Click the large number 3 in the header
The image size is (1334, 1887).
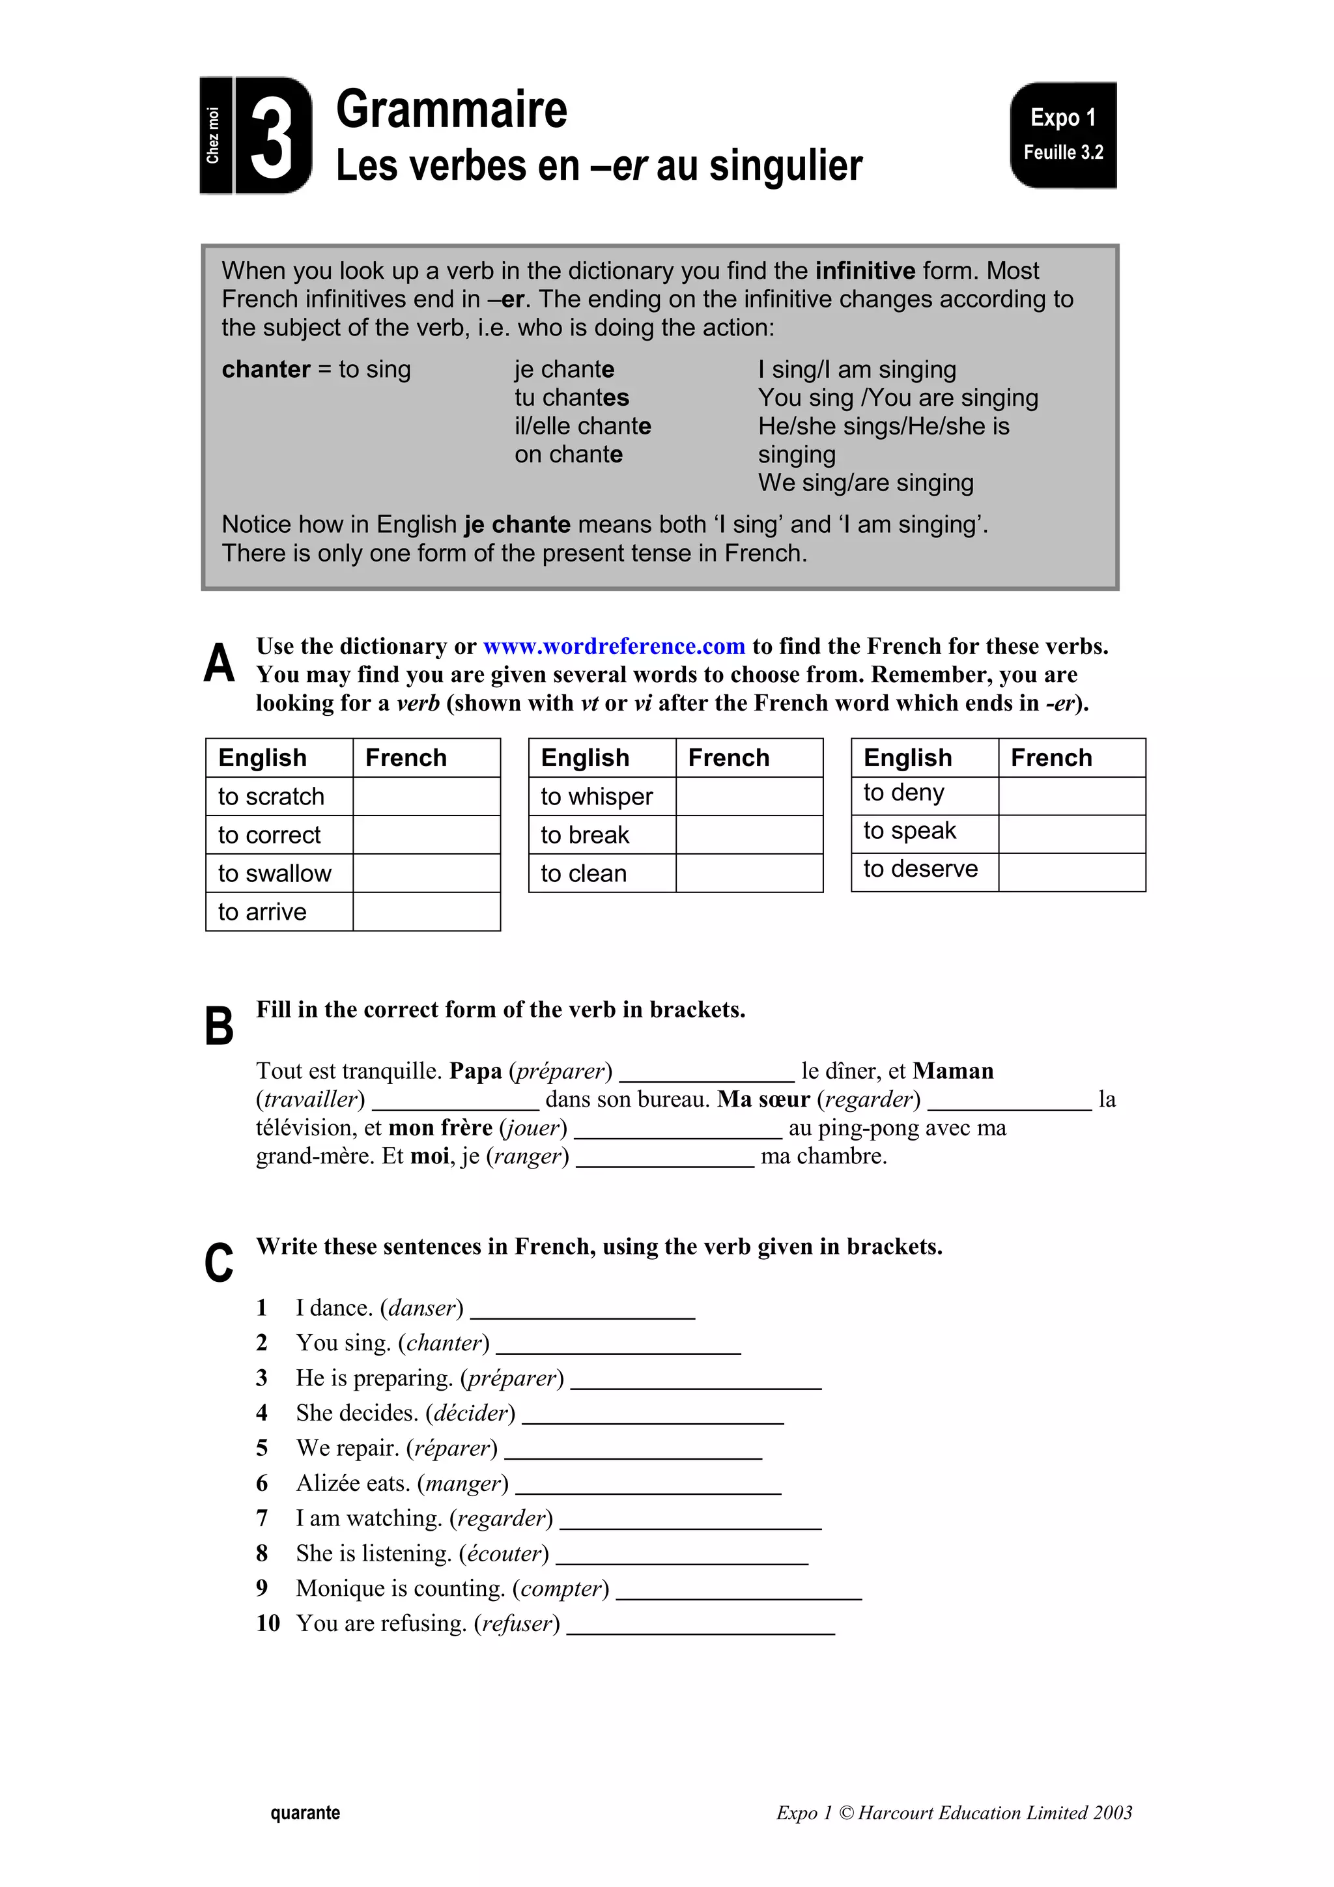click(272, 136)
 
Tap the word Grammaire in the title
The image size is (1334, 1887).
click(451, 109)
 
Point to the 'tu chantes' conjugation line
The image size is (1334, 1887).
click(571, 398)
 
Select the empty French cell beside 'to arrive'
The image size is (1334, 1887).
click(426, 911)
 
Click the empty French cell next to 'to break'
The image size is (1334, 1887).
click(749, 835)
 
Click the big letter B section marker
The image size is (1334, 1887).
click(219, 1027)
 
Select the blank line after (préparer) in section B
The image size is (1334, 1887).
click(707, 1074)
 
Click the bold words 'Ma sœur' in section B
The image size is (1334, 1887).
click(763, 1100)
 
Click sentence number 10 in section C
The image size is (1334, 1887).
click(268, 1623)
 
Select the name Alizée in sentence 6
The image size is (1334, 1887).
click(328, 1483)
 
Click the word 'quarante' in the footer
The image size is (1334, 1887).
click(305, 1813)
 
